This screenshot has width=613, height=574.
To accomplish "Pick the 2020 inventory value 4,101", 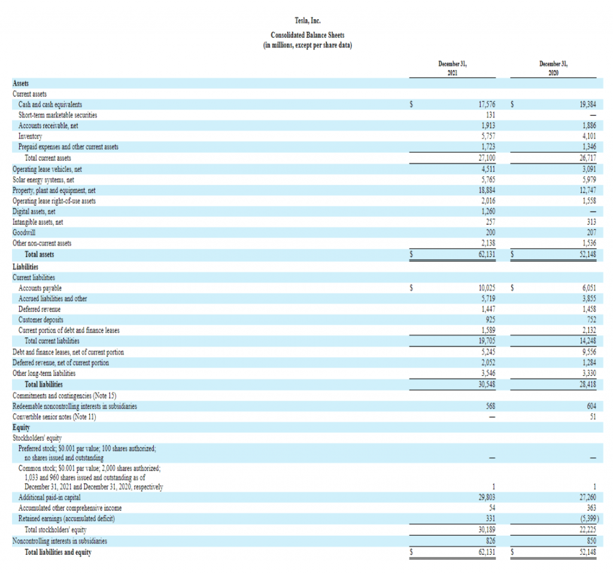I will pyautogui.click(x=588, y=136).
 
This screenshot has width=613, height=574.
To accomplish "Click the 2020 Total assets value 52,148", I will pyautogui.click(x=587, y=254).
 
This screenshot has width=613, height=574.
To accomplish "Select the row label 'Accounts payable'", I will pyautogui.click(x=40, y=288).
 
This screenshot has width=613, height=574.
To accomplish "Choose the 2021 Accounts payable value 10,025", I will pyautogui.click(x=486, y=288).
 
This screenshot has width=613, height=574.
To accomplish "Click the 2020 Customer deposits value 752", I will pyautogui.click(x=590, y=319).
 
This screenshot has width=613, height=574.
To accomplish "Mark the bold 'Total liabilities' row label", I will pyautogui.click(x=43, y=384).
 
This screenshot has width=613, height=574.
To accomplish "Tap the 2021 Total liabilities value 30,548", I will pyautogui.click(x=486, y=384).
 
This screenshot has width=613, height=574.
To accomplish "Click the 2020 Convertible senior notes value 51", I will pyautogui.click(x=593, y=416).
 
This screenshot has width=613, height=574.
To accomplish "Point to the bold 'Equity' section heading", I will pyautogui.click(x=22, y=427).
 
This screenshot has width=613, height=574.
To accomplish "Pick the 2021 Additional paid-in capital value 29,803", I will pyautogui.click(x=486, y=497).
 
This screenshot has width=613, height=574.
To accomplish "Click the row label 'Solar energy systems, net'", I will pyautogui.click(x=43, y=179).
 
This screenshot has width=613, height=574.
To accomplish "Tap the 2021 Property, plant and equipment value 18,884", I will pyautogui.click(x=486, y=190).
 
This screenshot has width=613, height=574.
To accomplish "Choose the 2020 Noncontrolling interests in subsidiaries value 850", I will pyautogui.click(x=590, y=541).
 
